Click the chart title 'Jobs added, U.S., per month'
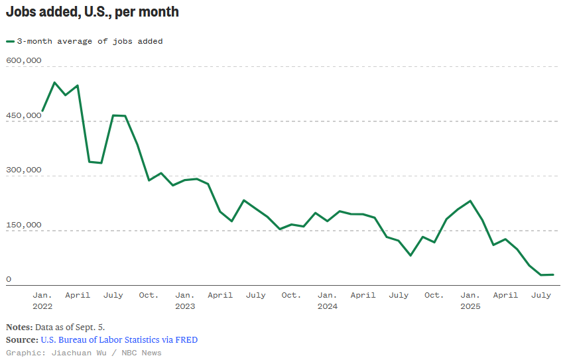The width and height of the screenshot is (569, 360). tap(92, 12)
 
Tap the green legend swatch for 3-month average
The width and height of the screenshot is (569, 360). tap(10, 41)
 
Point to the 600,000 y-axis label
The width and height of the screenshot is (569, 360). tap(24, 60)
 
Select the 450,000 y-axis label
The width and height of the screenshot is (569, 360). tap(24, 115)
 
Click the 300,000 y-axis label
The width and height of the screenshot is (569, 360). tap(24, 170)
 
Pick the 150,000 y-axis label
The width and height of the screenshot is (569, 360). tap(24, 225)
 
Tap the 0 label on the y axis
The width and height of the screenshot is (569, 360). tap(9, 279)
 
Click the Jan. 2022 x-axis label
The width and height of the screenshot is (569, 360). tap(42, 300)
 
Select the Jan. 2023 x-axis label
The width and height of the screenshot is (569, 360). tap(184, 300)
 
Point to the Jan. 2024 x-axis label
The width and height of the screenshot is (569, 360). tap(327, 300)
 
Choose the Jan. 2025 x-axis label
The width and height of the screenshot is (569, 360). tap(470, 300)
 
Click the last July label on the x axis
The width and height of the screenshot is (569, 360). tap(541, 295)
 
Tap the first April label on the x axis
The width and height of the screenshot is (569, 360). tap(78, 295)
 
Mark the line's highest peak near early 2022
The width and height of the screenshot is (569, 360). tap(54, 82)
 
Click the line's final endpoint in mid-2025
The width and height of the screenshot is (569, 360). tap(553, 274)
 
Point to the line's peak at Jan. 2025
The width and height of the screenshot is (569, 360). tap(470, 200)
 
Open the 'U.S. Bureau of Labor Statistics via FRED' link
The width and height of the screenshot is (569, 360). tap(119, 339)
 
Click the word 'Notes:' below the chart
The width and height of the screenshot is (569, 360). tap(19, 327)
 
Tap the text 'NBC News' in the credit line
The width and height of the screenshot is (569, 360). tap(142, 353)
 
